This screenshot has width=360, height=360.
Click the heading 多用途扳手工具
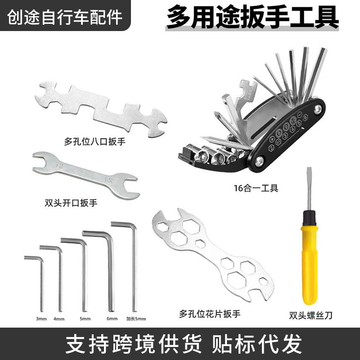coord(252,18)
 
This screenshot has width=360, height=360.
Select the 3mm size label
coord(41,319)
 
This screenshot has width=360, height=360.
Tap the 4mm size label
coord(59,319)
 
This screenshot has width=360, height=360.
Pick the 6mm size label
coord(112,319)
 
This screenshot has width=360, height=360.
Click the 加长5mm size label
coord(136,319)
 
